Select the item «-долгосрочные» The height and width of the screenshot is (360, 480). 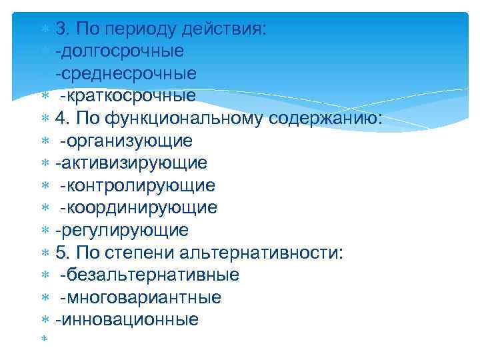(x=120, y=51)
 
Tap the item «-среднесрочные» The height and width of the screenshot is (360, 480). (x=126, y=73)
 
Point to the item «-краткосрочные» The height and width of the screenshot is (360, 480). (x=128, y=95)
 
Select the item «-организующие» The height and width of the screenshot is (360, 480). (x=126, y=141)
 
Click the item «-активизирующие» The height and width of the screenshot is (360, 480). (x=131, y=163)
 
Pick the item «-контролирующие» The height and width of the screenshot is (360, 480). (x=137, y=185)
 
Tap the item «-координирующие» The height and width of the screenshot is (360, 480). (x=139, y=208)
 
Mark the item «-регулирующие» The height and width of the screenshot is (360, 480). (x=122, y=231)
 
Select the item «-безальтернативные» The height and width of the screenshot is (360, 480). (x=149, y=275)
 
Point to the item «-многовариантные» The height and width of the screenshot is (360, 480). (x=141, y=297)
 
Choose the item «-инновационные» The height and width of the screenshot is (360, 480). (x=127, y=320)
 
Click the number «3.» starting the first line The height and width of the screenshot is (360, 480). (x=63, y=29)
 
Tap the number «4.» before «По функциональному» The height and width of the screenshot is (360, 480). (x=63, y=118)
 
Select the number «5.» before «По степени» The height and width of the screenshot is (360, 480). (x=63, y=253)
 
